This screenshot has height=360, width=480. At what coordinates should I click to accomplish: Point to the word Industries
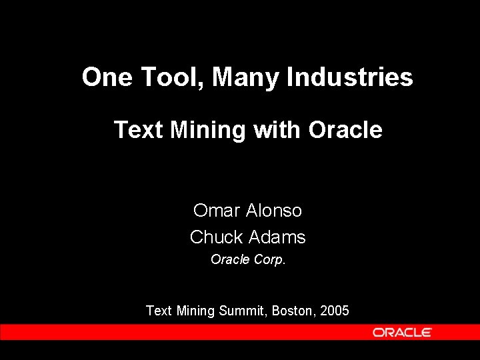click(349, 77)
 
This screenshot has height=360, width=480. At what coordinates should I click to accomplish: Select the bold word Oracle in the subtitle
click(345, 129)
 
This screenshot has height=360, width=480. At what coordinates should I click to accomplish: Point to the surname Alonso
click(274, 211)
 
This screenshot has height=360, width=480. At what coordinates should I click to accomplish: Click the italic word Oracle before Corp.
click(230, 259)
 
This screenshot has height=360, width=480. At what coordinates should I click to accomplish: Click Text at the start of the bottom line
click(159, 311)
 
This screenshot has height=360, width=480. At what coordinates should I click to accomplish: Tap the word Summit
click(243, 311)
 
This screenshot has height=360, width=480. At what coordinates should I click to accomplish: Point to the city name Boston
click(294, 311)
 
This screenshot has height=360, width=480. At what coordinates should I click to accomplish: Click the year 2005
click(334, 311)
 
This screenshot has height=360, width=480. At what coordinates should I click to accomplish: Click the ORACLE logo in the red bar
click(402, 332)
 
